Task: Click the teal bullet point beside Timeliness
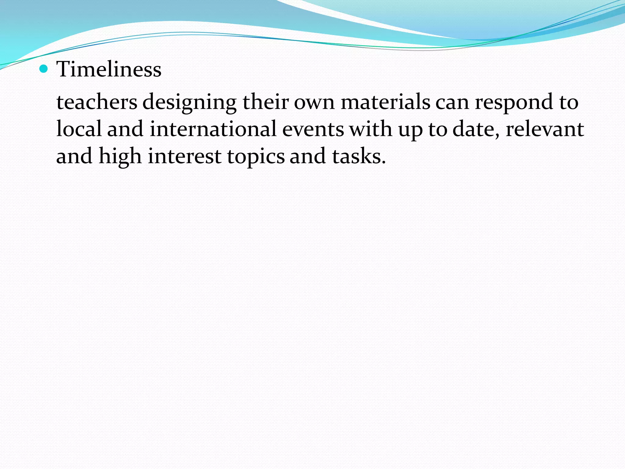pos(44,69)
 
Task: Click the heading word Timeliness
pos(109,69)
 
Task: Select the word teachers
pos(97,102)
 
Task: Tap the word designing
pos(190,103)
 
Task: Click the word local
pos(79,129)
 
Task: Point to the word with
pos(371,129)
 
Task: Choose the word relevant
pos(545,129)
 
